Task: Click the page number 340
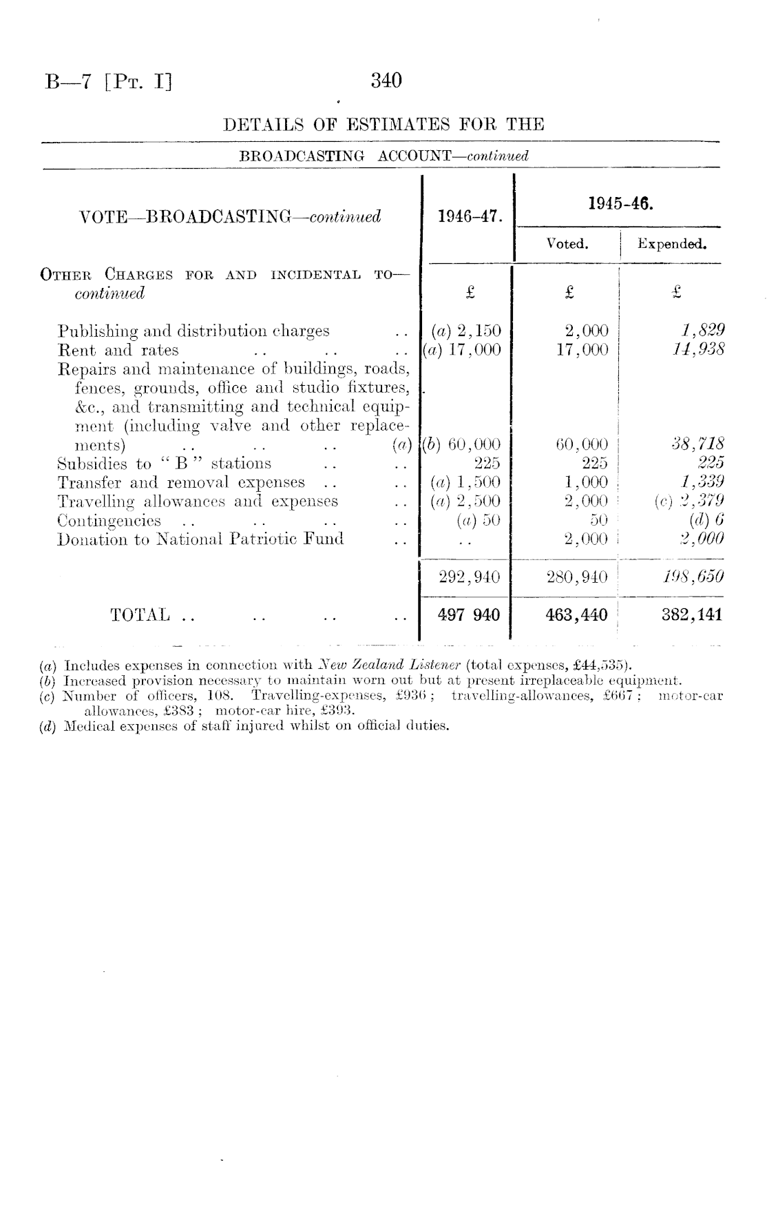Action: [x=386, y=81]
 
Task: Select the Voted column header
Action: [x=567, y=244]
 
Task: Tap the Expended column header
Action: [x=672, y=244]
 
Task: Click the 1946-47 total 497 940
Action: [x=469, y=614]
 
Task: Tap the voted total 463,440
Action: [x=576, y=614]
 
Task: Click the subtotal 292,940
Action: [x=470, y=577]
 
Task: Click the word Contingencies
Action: [x=109, y=521]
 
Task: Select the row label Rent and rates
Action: [x=118, y=350]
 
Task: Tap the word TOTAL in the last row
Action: [x=140, y=614]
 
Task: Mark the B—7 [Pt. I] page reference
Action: [x=108, y=82]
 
